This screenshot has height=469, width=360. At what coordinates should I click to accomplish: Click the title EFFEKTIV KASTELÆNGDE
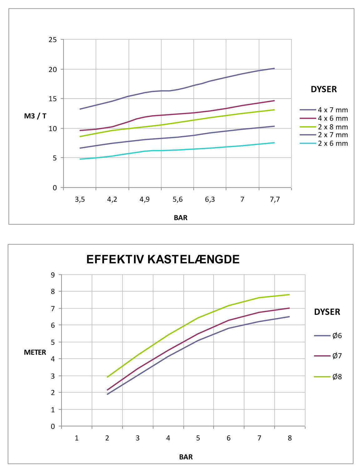tap(163, 260)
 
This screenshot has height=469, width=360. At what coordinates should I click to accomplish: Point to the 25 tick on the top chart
tap(53, 40)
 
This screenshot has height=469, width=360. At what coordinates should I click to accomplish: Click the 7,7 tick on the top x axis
tap(275, 199)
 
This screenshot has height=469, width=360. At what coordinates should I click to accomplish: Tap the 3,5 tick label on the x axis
tap(80, 199)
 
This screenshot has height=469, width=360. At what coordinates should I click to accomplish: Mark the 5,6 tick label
tap(177, 199)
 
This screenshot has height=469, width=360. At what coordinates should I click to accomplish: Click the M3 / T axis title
tap(35, 116)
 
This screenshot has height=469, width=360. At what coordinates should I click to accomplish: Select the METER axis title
tap(35, 352)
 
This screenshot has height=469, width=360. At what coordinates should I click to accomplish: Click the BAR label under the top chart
tap(181, 218)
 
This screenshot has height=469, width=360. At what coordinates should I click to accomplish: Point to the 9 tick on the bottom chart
tap(52, 275)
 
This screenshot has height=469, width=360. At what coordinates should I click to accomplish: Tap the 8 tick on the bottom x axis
tap(290, 438)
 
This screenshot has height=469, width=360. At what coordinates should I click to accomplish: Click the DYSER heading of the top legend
tap(324, 89)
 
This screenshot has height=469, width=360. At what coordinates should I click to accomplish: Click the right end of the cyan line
tap(274, 143)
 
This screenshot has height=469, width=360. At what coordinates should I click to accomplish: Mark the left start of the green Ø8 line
tap(107, 377)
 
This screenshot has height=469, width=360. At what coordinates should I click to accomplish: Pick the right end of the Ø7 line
tap(289, 308)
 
